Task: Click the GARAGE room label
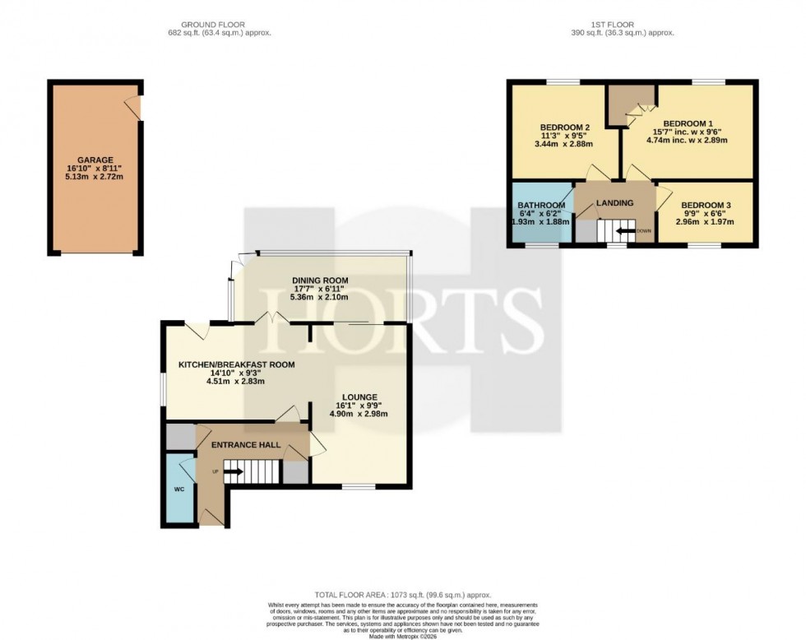coord(95,160)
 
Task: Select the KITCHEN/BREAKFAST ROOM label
coord(236,364)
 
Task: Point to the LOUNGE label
coord(357,396)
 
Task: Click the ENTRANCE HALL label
coord(246,445)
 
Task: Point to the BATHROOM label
coord(540,205)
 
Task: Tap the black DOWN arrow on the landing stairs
coord(626,231)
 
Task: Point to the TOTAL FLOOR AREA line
coord(402,594)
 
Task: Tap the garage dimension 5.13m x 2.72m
coord(95,178)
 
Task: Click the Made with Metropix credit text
coord(402,636)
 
